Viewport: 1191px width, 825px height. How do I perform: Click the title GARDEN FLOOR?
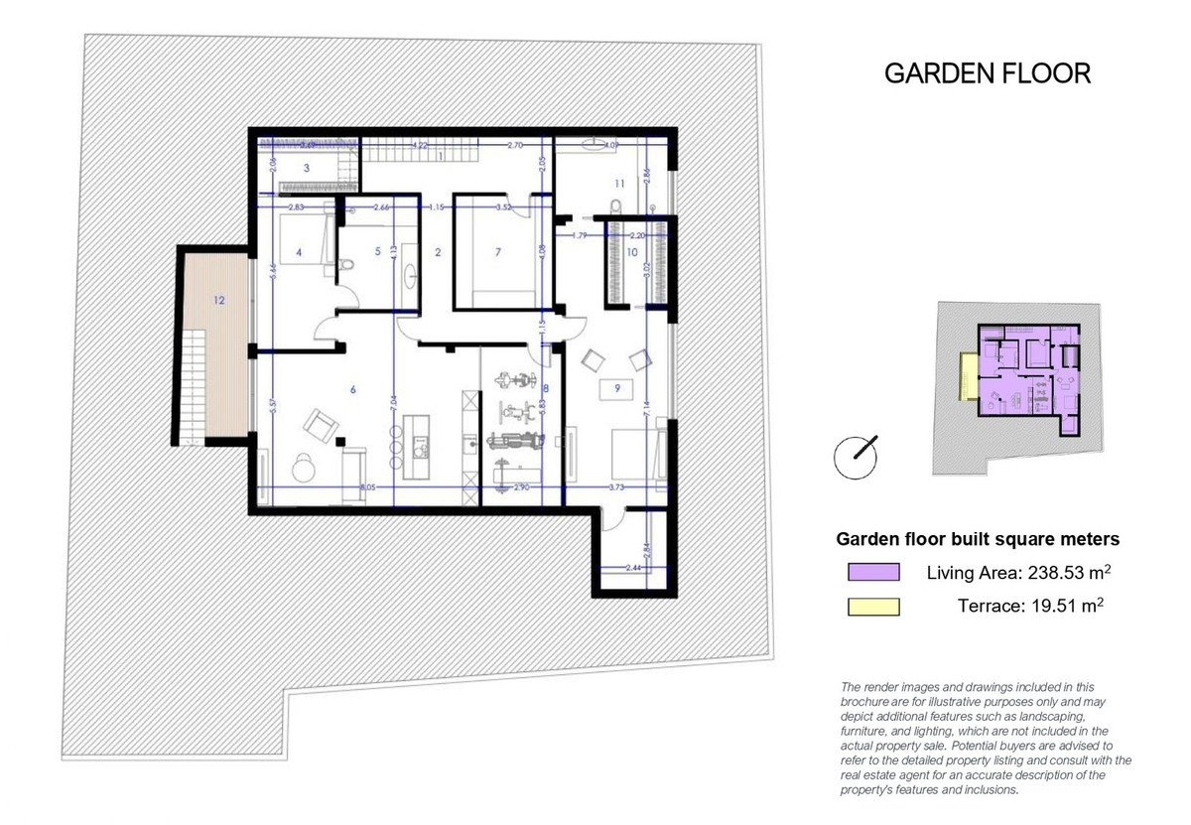987,73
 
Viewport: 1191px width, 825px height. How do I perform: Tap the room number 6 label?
352,390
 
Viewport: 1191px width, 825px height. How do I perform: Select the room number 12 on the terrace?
218,299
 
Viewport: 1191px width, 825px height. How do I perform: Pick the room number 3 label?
307,169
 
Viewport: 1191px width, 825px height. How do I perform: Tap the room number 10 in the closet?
631,253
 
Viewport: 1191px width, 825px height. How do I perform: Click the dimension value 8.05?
368,487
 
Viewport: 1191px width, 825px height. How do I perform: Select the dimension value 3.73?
617,487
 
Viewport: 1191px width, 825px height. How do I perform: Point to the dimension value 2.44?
635,567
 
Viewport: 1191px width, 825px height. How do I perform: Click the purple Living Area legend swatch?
873,573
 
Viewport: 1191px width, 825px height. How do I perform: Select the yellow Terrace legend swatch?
873,607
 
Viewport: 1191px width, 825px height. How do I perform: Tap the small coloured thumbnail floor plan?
1016,387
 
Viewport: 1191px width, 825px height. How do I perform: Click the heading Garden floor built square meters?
978,539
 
